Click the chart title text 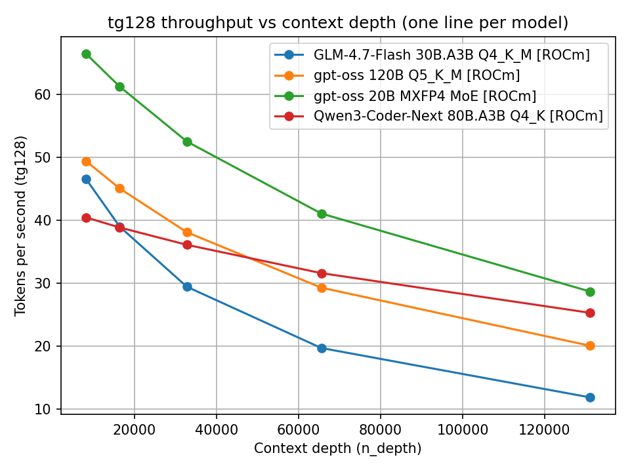pos(338,23)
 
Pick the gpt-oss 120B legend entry pos(417,75)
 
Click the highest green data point pos(86,54)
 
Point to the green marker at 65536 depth pos(322,214)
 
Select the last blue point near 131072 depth pos(590,397)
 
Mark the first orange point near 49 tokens pos(86,161)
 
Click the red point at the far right pos(590,313)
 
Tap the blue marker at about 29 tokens pos(187,286)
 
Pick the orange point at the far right pos(590,345)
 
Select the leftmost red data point pos(86,218)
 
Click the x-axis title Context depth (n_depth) pos(338,449)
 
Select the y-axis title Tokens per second pos(21,226)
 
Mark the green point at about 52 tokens pos(187,142)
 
